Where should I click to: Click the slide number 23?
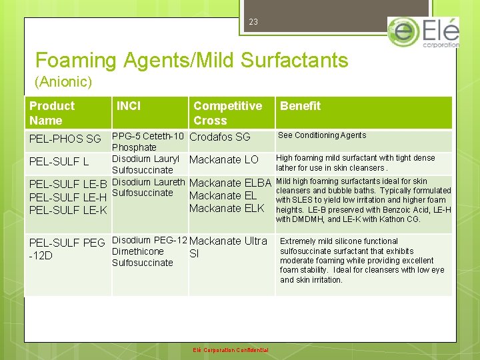pos(253,22)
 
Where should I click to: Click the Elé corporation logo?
pos(423,33)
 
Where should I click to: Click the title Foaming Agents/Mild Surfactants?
pos(191,61)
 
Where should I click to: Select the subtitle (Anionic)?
pos(63,83)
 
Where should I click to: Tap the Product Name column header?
pos(52,113)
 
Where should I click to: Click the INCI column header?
pos(129,106)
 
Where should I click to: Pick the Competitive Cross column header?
pos(227,113)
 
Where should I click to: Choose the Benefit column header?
pos(300,106)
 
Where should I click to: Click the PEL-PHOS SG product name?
pos(65,139)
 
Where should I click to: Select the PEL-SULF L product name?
pos(59,162)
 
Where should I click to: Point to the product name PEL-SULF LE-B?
pos(68,184)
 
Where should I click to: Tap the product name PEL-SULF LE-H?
pos(68,197)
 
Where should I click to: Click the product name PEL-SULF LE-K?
pos(68,210)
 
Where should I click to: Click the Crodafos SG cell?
pos(220,137)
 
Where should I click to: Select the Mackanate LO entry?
pos(224,160)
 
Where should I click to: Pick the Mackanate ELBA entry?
pos(230,183)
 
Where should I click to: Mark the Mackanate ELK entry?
pos(227,208)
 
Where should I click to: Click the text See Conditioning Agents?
pos(322,135)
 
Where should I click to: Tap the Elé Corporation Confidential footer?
pos(231,350)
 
